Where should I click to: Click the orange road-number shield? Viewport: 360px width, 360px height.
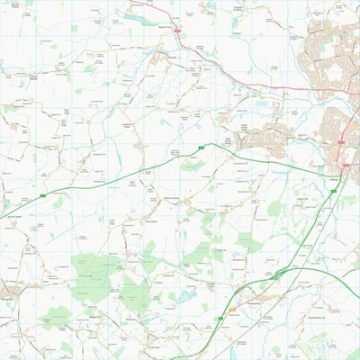232,310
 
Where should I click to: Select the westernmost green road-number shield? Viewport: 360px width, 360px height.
42,194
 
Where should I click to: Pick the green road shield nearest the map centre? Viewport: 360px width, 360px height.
201,146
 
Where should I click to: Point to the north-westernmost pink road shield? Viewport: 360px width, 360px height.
177,32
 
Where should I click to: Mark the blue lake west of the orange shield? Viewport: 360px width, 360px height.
186,296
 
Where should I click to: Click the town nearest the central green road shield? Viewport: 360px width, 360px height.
261,139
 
